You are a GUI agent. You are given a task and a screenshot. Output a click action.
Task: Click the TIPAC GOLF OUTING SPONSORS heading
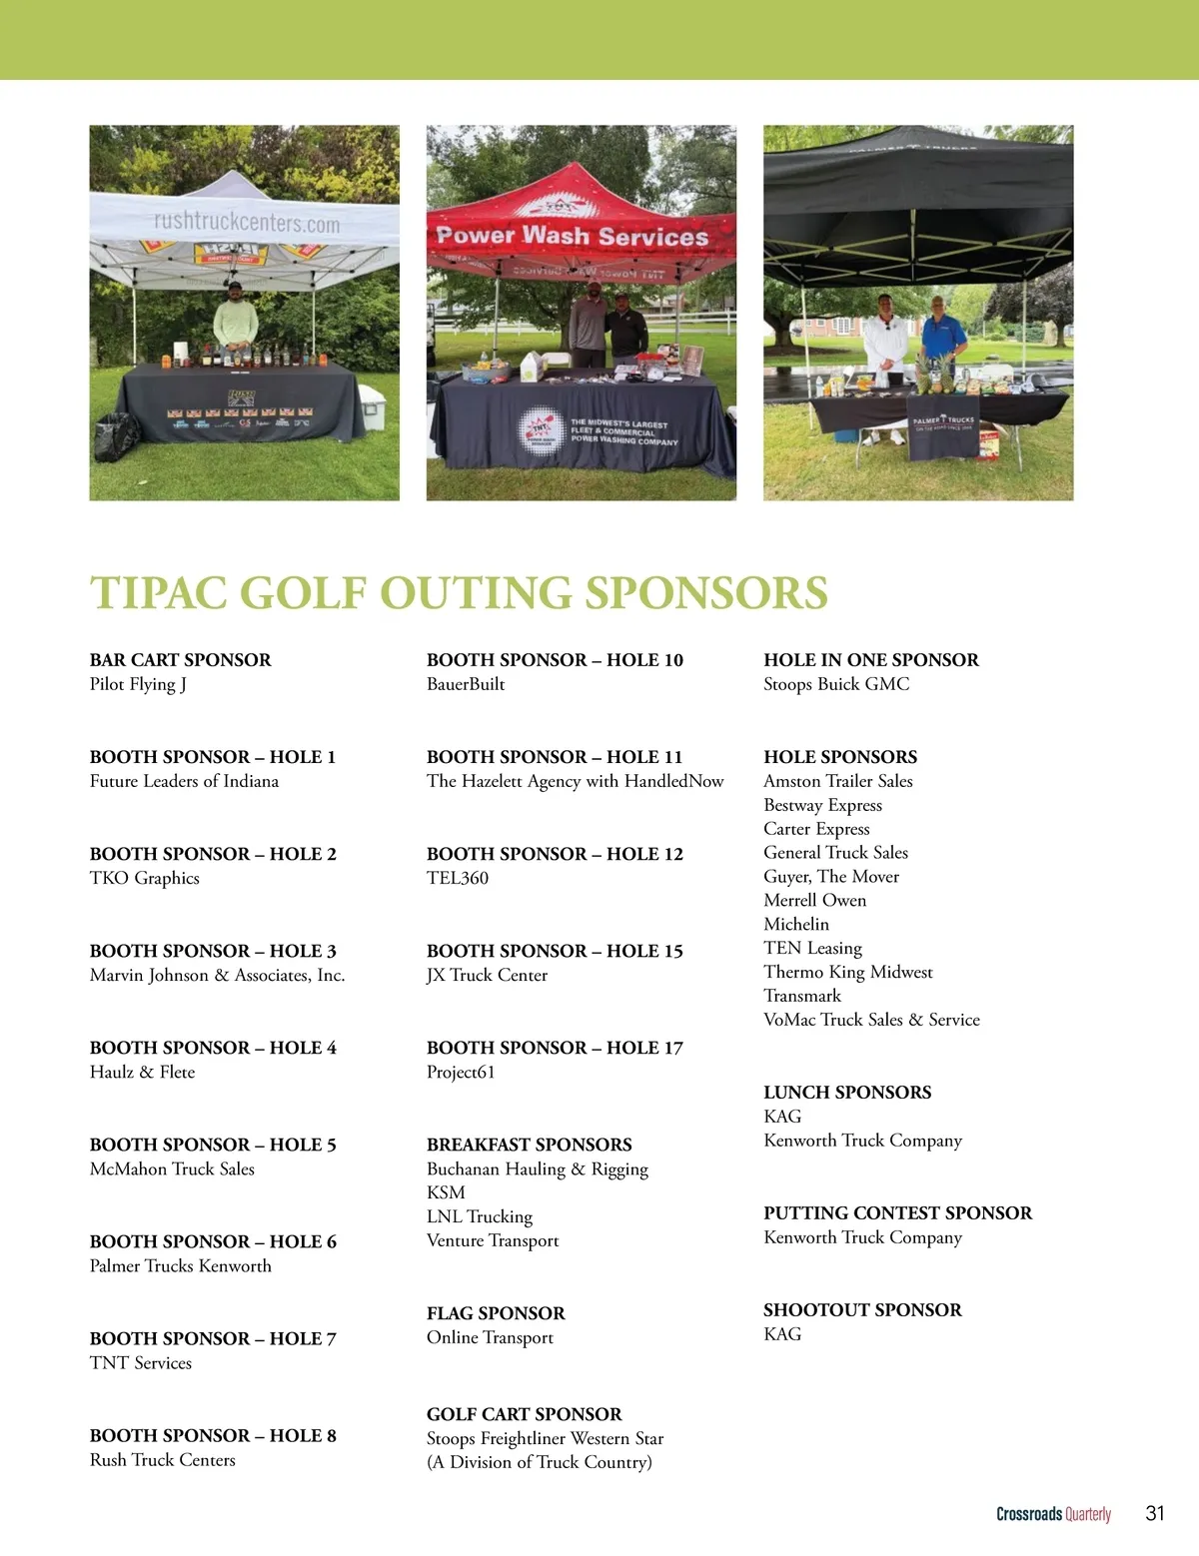pyautogui.click(x=459, y=592)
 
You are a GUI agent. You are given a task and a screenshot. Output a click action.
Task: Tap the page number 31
pyautogui.click(x=1155, y=1513)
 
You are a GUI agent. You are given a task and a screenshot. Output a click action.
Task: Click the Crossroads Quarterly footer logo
pyautogui.click(x=1053, y=1514)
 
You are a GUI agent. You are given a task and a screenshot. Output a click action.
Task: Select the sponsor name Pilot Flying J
pyautogui.click(x=138, y=684)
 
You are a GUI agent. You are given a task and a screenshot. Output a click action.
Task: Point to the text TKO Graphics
pyautogui.click(x=145, y=878)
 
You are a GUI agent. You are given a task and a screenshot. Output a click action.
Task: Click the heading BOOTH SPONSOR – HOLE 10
pyautogui.click(x=555, y=660)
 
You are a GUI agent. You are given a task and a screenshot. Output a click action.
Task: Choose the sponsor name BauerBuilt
pyautogui.click(x=466, y=684)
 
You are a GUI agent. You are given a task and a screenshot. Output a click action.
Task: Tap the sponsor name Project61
pyautogui.click(x=461, y=1072)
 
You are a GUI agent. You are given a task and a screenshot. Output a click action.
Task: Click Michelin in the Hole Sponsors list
pyautogui.click(x=796, y=924)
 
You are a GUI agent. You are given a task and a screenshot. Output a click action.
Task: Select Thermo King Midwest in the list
pyautogui.click(x=848, y=972)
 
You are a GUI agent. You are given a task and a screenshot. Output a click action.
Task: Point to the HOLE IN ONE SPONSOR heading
pyautogui.click(x=871, y=660)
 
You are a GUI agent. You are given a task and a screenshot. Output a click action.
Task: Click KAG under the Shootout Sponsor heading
pyautogui.click(x=782, y=1334)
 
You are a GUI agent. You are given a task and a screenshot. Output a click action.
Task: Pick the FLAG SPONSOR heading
pyautogui.click(x=496, y=1313)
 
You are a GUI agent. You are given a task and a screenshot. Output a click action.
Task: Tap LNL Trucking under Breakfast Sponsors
pyautogui.click(x=480, y=1216)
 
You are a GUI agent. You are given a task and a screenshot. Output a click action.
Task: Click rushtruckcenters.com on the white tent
pyautogui.click(x=247, y=222)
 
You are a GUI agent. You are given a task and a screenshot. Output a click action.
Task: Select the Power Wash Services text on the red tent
pyautogui.click(x=573, y=237)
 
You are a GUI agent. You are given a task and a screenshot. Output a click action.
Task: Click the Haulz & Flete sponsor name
pyautogui.click(x=142, y=1072)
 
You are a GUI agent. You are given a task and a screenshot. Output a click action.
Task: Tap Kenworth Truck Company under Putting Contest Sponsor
pyautogui.click(x=862, y=1237)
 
